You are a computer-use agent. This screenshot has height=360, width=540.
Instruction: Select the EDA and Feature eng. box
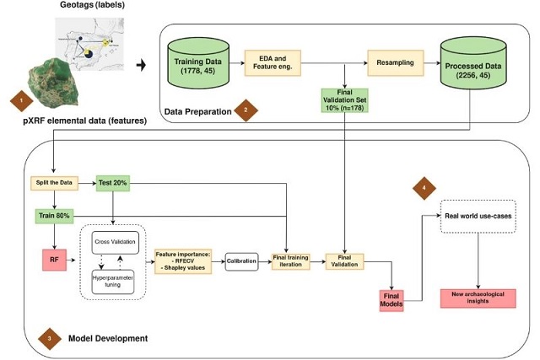click(273, 61)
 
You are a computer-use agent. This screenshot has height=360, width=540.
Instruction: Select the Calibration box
click(241, 262)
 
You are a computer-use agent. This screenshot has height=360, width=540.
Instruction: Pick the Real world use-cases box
click(478, 216)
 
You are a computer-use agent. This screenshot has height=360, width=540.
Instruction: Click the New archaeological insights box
click(478, 297)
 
